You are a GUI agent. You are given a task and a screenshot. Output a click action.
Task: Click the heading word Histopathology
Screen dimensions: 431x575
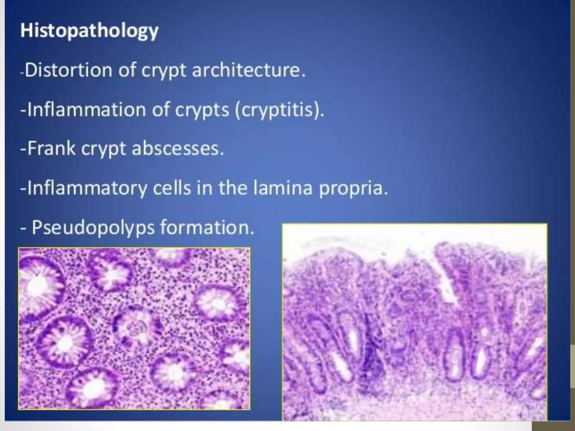(x=89, y=31)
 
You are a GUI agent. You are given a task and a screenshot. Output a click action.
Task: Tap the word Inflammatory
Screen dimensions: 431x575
(x=87, y=188)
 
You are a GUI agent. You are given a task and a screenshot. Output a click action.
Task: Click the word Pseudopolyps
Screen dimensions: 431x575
(x=93, y=227)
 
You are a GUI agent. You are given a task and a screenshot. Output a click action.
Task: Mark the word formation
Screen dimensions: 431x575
(x=207, y=227)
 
